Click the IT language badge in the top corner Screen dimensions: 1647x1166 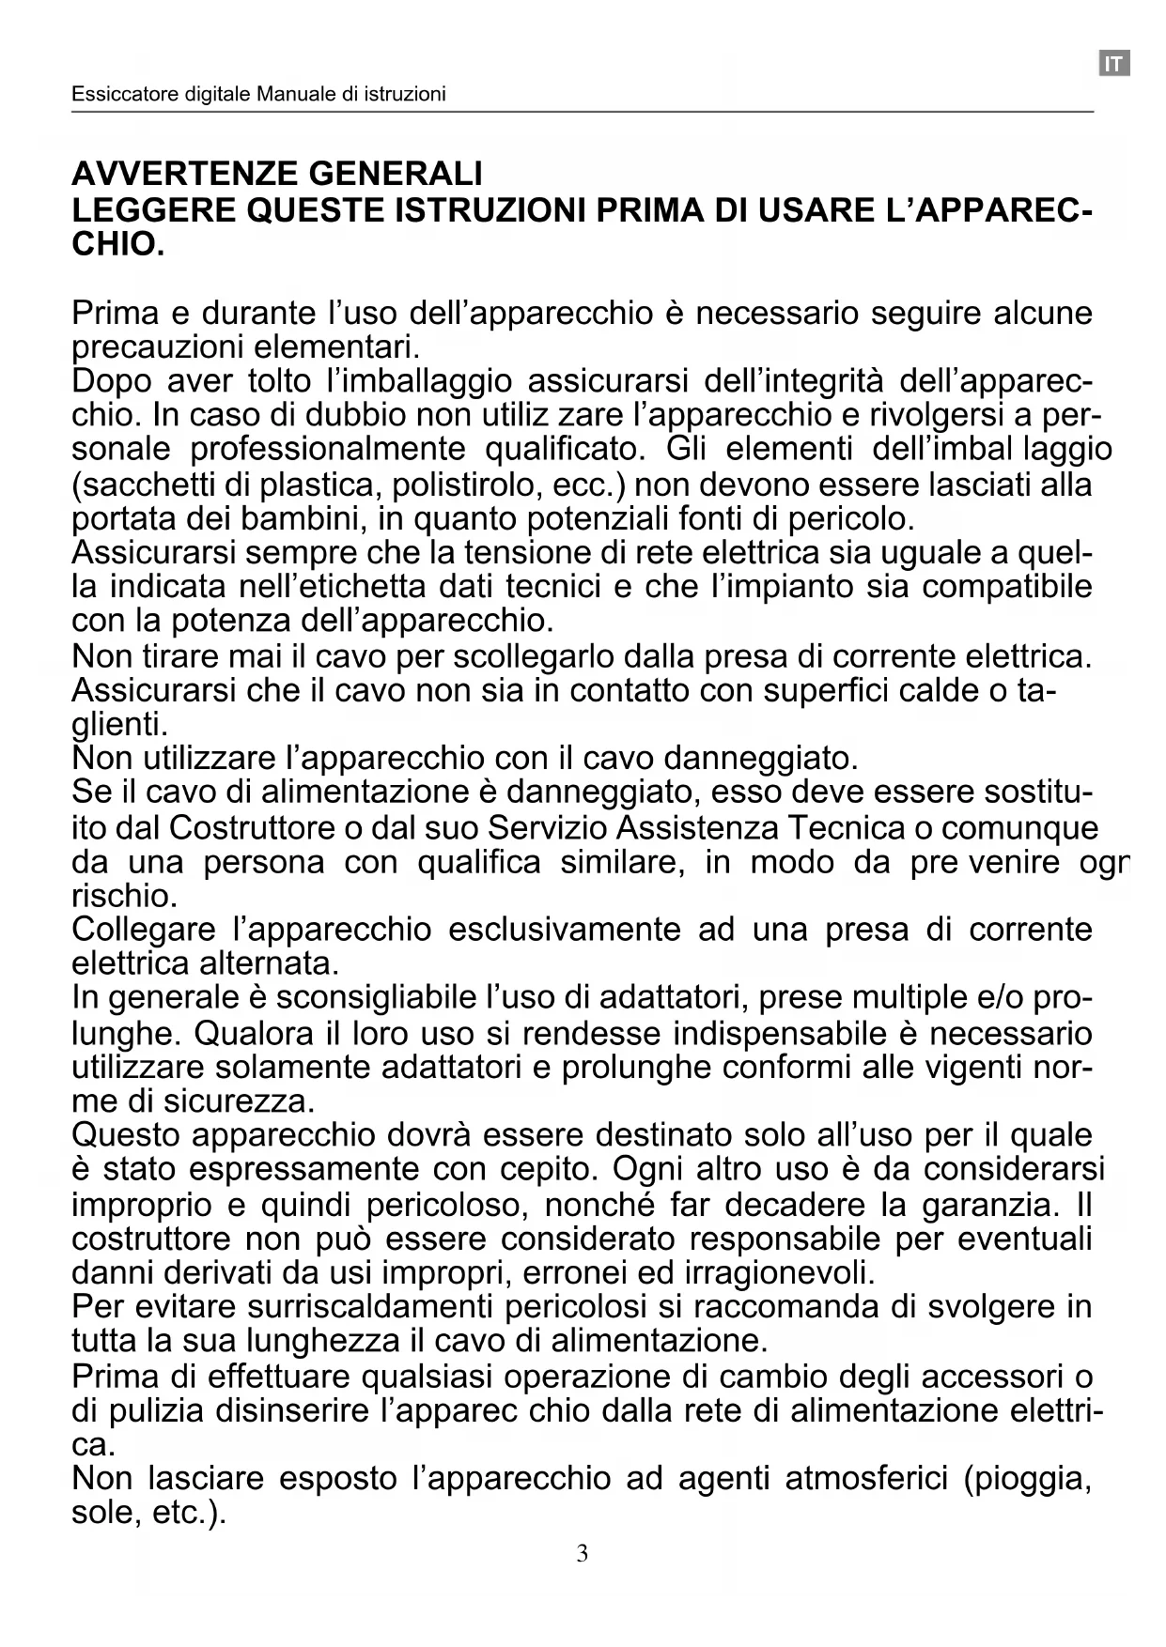(x=1113, y=64)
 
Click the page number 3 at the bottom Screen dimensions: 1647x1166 (x=583, y=1554)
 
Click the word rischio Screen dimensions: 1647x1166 (x=123, y=897)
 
